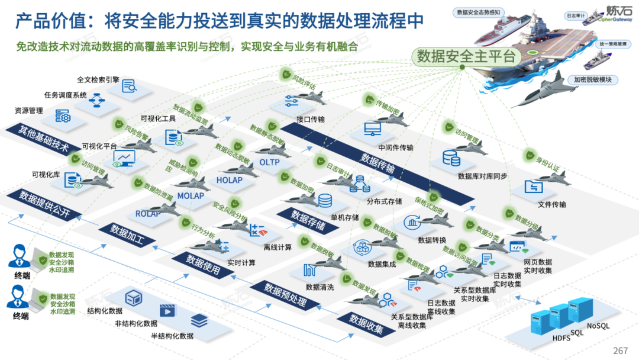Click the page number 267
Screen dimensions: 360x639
pyautogui.click(x=621, y=351)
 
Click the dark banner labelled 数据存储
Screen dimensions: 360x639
pyautogui.click(x=308, y=220)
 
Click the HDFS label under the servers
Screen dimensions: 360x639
pyautogui.click(x=561, y=338)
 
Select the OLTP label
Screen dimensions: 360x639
pyautogui.click(x=269, y=162)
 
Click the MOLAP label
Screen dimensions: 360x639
pyautogui.click(x=191, y=196)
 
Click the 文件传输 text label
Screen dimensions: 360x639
pyautogui.click(x=551, y=205)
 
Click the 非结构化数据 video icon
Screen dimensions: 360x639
pyautogui.click(x=167, y=310)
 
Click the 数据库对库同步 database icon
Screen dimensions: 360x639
pyautogui.click(x=451, y=157)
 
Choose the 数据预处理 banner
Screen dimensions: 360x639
pyautogui.click(x=285, y=295)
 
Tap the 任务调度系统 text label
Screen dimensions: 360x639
pyautogui.click(x=66, y=95)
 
